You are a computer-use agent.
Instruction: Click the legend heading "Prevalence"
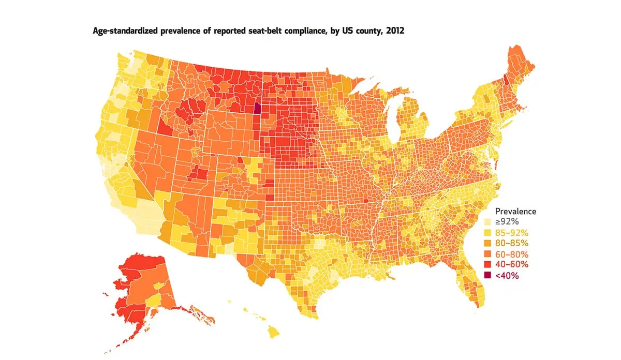pos(515,211)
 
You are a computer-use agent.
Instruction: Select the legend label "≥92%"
pos(507,221)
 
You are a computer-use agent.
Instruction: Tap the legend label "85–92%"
pos(511,232)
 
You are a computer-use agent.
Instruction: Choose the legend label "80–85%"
pos(511,243)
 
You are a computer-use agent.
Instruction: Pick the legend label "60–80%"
pos(511,254)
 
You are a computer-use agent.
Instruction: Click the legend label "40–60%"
pos(511,265)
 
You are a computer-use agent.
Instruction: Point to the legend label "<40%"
pos(507,276)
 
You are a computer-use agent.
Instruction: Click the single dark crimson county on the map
pos(257,109)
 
